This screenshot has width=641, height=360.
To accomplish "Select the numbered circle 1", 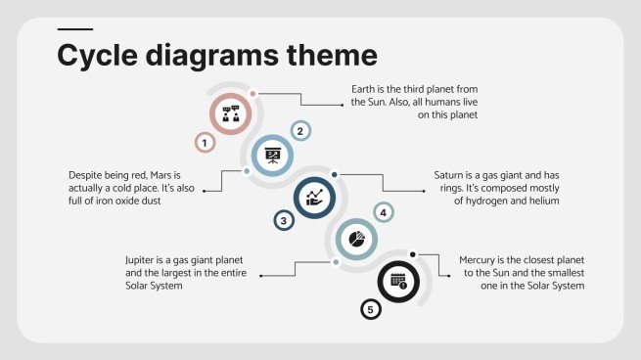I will (x=205, y=144).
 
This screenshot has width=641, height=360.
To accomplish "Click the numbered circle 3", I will (x=284, y=221).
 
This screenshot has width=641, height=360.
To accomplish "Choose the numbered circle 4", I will (x=384, y=212).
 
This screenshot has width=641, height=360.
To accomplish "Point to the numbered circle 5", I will (x=369, y=310).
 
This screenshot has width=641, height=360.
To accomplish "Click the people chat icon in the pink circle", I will (x=231, y=113).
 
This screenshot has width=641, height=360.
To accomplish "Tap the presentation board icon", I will (x=272, y=155).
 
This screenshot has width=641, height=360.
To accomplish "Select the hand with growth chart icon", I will (x=314, y=197).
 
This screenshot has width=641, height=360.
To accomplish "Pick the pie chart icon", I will (x=357, y=238).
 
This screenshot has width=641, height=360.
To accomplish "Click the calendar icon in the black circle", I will (x=398, y=281).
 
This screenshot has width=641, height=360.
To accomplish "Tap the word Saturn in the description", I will (x=452, y=175).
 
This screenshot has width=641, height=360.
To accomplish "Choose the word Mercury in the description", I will (x=481, y=259).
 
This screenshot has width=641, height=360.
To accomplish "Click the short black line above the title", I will (x=75, y=29).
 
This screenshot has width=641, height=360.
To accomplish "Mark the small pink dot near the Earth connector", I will (x=252, y=94).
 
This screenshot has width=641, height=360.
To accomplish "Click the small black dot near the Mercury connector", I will (x=413, y=254).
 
